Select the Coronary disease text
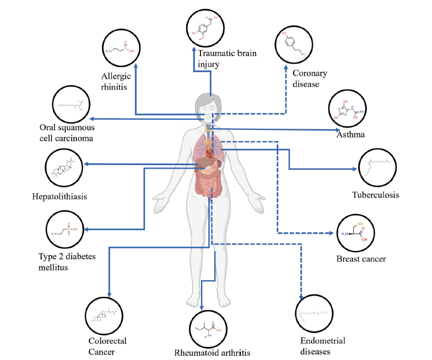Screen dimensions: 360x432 pyautogui.click(x=310, y=78)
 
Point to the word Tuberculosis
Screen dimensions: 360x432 pyautogui.click(x=375, y=195)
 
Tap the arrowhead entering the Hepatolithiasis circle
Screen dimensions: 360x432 pyautogui.click(x=88, y=164)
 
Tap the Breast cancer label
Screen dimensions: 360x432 pyautogui.click(x=361, y=259)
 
